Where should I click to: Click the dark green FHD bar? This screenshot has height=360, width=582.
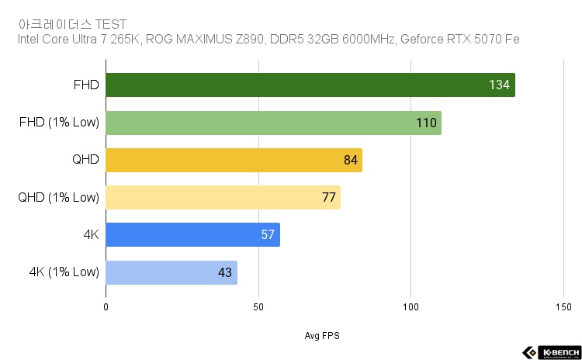pyautogui.click(x=310, y=85)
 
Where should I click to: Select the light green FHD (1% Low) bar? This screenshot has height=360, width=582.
pyautogui.click(x=273, y=123)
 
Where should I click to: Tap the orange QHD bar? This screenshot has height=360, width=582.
pyautogui.click(x=234, y=160)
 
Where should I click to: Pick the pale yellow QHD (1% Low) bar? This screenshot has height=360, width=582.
pyautogui.click(x=223, y=197)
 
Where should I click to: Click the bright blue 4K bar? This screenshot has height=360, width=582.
pyautogui.click(x=192, y=234)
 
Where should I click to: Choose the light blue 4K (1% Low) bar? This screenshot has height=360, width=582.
pyautogui.click(x=171, y=272)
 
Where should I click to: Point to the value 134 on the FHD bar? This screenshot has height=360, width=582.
pyautogui.click(x=499, y=85)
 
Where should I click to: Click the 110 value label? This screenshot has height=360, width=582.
pyautogui.click(x=426, y=123)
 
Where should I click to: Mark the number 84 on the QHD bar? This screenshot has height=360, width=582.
pyautogui.click(x=350, y=160)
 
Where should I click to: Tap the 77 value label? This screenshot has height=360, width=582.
pyautogui.click(x=328, y=197)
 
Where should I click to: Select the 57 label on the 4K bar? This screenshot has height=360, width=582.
pyautogui.click(x=268, y=234)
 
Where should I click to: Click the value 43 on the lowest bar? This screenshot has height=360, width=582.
pyautogui.click(x=225, y=272)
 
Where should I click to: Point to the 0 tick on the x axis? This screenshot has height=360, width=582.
pyautogui.click(x=106, y=306)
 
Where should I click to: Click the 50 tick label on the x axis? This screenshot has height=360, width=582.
pyautogui.click(x=258, y=306)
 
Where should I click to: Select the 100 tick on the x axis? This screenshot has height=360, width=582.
pyautogui.click(x=411, y=306)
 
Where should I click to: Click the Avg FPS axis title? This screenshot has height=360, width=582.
pyautogui.click(x=322, y=336)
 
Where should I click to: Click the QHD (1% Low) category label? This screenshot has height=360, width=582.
pyautogui.click(x=59, y=197)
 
